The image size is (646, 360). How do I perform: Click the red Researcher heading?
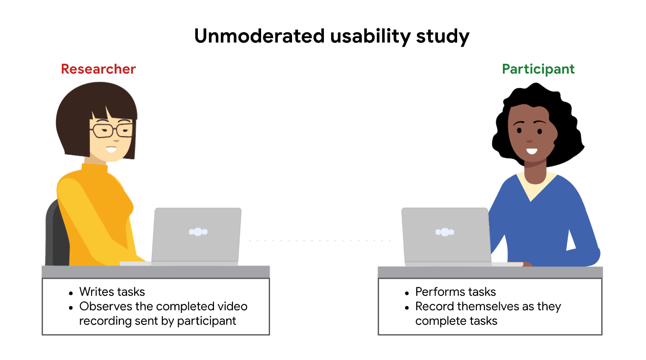98,69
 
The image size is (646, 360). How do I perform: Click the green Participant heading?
538,69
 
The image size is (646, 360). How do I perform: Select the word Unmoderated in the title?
259,36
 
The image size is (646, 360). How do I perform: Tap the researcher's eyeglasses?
112,130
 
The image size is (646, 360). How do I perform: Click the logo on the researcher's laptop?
198,232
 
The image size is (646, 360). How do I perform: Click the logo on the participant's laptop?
445,232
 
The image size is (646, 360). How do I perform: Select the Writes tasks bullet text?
112,292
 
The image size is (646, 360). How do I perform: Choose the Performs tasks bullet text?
455,292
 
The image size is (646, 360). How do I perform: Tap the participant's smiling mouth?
532,151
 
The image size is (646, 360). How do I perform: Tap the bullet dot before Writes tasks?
71,293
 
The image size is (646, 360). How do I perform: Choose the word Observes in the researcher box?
104,307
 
